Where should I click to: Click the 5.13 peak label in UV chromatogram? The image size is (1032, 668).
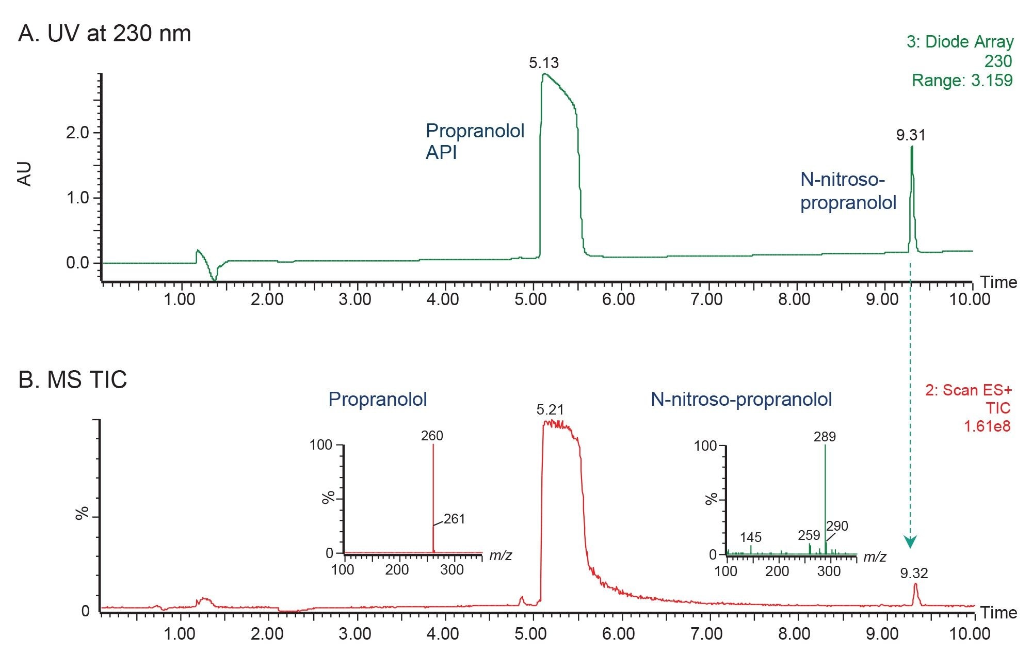(544, 63)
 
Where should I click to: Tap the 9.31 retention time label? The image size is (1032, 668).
(911, 135)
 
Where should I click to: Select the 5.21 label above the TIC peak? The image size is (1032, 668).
(550, 410)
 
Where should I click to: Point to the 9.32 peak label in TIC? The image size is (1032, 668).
(914, 573)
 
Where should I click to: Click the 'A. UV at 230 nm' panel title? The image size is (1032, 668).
(104, 34)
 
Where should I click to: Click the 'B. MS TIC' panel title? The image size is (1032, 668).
(72, 380)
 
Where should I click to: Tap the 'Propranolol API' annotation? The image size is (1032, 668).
(475, 141)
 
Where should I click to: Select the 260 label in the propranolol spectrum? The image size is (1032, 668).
(432, 436)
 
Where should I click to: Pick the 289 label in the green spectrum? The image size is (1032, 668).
(825, 437)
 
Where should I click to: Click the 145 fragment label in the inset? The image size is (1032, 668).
(750, 537)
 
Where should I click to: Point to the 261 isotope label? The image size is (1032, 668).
(454, 519)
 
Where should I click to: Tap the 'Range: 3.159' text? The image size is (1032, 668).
(962, 81)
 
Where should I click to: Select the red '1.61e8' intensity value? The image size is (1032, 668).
(987, 426)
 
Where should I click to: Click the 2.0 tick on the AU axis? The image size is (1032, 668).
(77, 133)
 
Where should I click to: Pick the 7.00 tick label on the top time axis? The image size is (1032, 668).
(706, 299)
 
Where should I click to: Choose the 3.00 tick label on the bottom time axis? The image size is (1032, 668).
(354, 633)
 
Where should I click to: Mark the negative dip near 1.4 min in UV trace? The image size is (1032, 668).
(214, 278)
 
